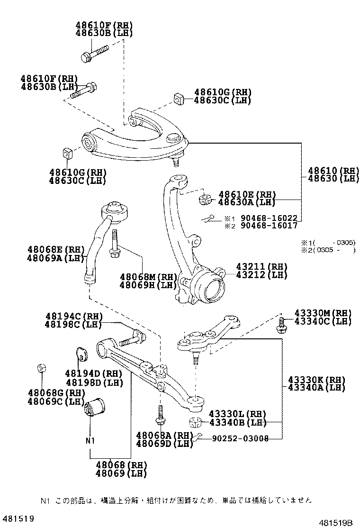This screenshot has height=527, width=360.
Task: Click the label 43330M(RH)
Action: [323, 313]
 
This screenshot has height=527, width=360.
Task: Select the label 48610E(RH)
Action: [247, 195]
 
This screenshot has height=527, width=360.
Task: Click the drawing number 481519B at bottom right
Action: [335, 522]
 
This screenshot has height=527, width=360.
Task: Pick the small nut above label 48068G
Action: [41, 368]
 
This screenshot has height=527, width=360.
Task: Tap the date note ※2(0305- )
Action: [328, 250]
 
